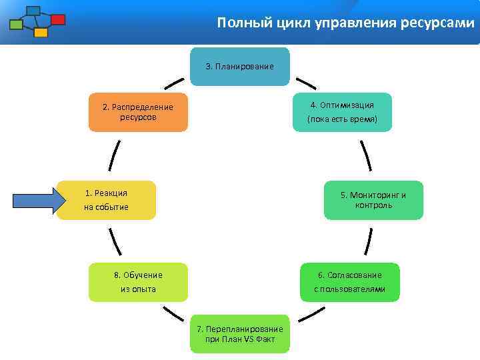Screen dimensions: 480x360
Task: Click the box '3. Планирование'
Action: point(239,67)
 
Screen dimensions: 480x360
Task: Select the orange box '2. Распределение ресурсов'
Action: point(138,112)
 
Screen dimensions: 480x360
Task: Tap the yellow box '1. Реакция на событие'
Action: point(107,200)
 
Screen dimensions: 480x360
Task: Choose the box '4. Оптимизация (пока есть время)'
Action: point(342,112)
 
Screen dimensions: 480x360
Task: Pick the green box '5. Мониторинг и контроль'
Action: point(373,200)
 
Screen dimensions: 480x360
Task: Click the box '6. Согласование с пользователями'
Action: point(349,282)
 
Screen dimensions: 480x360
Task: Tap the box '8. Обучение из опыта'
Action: point(139,282)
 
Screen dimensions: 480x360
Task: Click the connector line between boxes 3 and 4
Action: point(306,83)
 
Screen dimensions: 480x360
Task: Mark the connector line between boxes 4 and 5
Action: point(365,156)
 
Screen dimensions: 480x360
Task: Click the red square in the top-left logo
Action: point(58,19)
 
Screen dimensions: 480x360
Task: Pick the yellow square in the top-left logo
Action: point(41,32)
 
